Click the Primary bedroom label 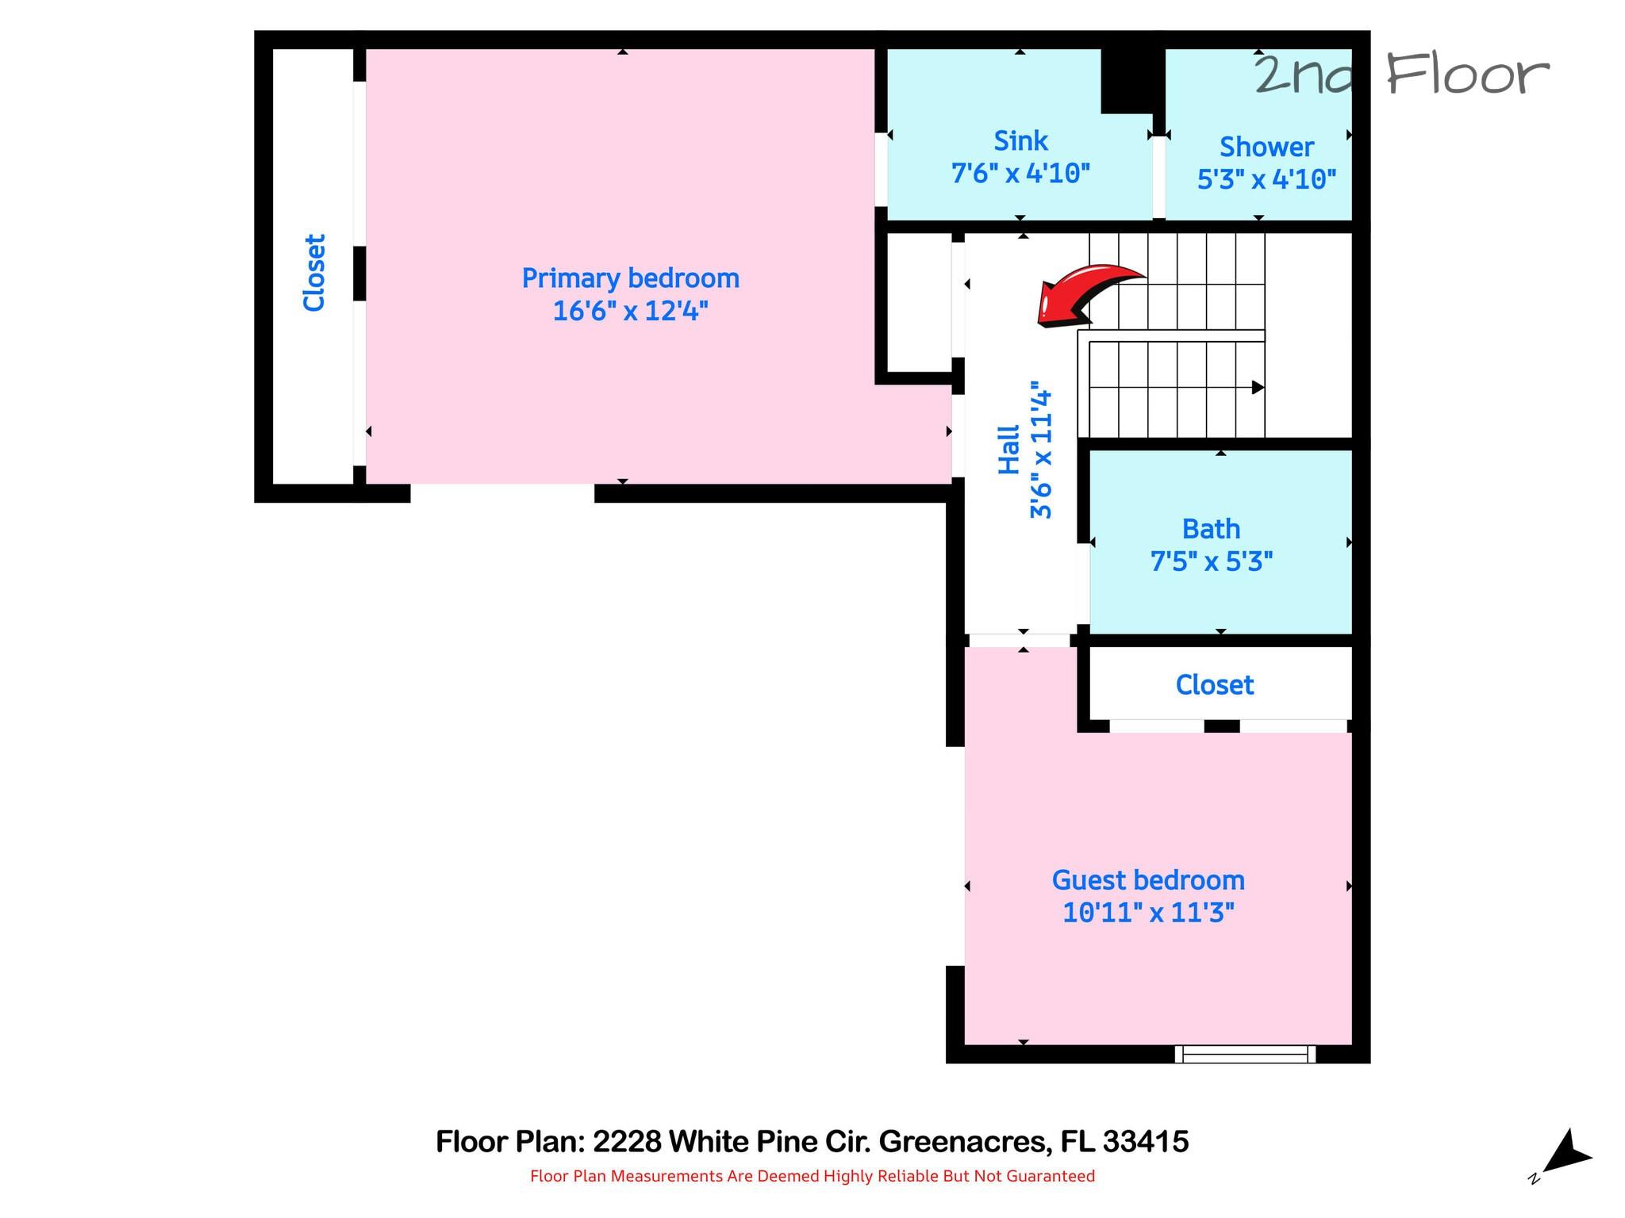[x=631, y=278]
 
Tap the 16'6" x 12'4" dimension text [x=630, y=311]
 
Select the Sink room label [x=1021, y=141]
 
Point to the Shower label [x=1266, y=147]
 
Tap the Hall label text [x=1008, y=450]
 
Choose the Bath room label [x=1211, y=529]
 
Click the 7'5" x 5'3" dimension [x=1212, y=561]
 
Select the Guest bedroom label [x=1148, y=880]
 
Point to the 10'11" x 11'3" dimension [x=1148, y=913]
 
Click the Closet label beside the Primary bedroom [x=315, y=272]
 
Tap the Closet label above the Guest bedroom [x=1215, y=685]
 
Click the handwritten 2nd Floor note [x=1401, y=75]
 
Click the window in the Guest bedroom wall [x=1245, y=1054]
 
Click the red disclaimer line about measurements [x=812, y=1176]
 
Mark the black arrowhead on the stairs [x=1258, y=388]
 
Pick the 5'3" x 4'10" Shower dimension [x=1266, y=179]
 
